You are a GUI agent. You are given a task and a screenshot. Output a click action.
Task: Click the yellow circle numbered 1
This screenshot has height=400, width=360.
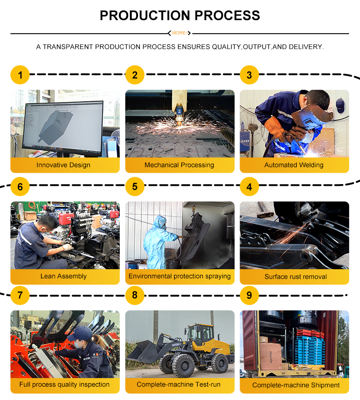(20, 75)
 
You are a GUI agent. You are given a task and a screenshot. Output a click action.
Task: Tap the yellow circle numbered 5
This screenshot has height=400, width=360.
(135, 186)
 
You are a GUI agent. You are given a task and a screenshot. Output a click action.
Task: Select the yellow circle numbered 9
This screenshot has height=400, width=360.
(249, 295)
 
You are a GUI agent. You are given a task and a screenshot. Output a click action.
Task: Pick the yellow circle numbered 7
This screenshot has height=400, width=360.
(20, 295)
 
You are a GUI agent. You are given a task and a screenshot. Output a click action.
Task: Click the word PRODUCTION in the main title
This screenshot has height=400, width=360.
(145, 15)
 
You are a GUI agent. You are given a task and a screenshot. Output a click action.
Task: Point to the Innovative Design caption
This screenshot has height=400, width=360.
(63, 165)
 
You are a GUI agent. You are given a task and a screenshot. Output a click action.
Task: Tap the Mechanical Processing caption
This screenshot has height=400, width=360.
(180, 165)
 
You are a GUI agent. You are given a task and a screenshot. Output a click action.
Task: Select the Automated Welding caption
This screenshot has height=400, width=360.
(294, 165)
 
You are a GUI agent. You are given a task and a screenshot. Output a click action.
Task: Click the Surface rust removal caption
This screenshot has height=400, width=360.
(296, 277)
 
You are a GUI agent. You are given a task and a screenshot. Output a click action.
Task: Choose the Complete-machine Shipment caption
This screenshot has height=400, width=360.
(296, 385)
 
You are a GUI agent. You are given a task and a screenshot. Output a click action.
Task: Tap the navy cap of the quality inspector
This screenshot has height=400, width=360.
(80, 333)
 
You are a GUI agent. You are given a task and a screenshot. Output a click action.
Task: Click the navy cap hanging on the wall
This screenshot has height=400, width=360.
(340, 105)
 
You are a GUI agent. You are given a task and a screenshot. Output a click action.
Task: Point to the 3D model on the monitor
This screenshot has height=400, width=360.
(55, 125)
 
